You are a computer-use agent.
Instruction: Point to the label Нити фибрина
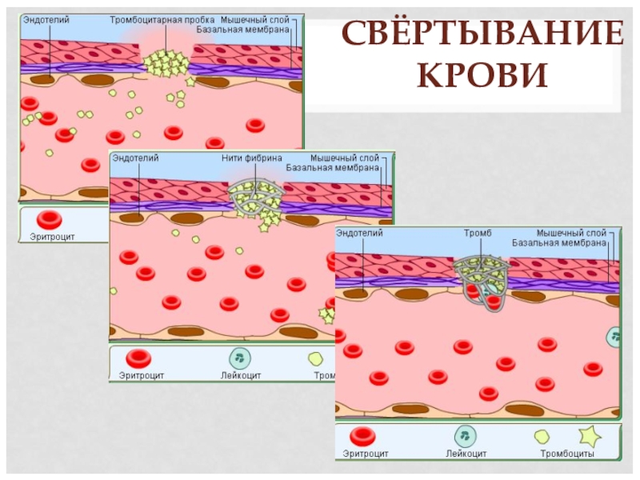tap(252, 158)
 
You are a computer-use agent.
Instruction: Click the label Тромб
tap(478, 233)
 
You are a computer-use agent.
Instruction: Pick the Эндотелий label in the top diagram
tap(46, 18)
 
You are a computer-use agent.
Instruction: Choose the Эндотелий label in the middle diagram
tap(135, 158)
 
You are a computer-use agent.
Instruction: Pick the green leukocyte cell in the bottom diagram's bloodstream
tap(614, 337)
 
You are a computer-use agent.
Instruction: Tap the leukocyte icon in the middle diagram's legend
tap(241, 358)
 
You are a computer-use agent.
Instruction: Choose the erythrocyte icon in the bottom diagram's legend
tap(365, 436)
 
